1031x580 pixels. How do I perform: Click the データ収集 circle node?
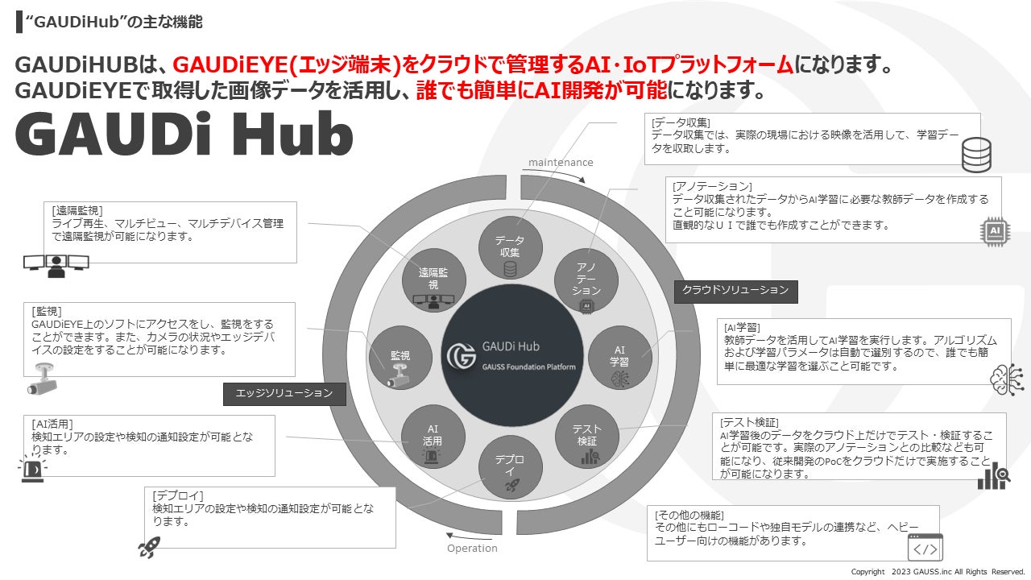[x=509, y=251]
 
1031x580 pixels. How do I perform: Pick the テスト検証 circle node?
[x=586, y=436]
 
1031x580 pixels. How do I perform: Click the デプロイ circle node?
[x=510, y=468]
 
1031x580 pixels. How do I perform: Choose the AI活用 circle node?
[x=433, y=436]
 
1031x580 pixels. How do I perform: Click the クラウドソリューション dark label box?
[x=735, y=291]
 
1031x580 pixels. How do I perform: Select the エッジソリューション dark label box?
[x=284, y=393]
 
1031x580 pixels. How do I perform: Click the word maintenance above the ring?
[x=561, y=163]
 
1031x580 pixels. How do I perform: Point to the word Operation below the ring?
[x=472, y=549]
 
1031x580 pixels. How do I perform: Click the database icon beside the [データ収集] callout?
[x=977, y=154]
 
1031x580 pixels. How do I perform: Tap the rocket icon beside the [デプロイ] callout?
[x=148, y=548]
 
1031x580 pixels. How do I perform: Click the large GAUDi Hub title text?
[x=184, y=135]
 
